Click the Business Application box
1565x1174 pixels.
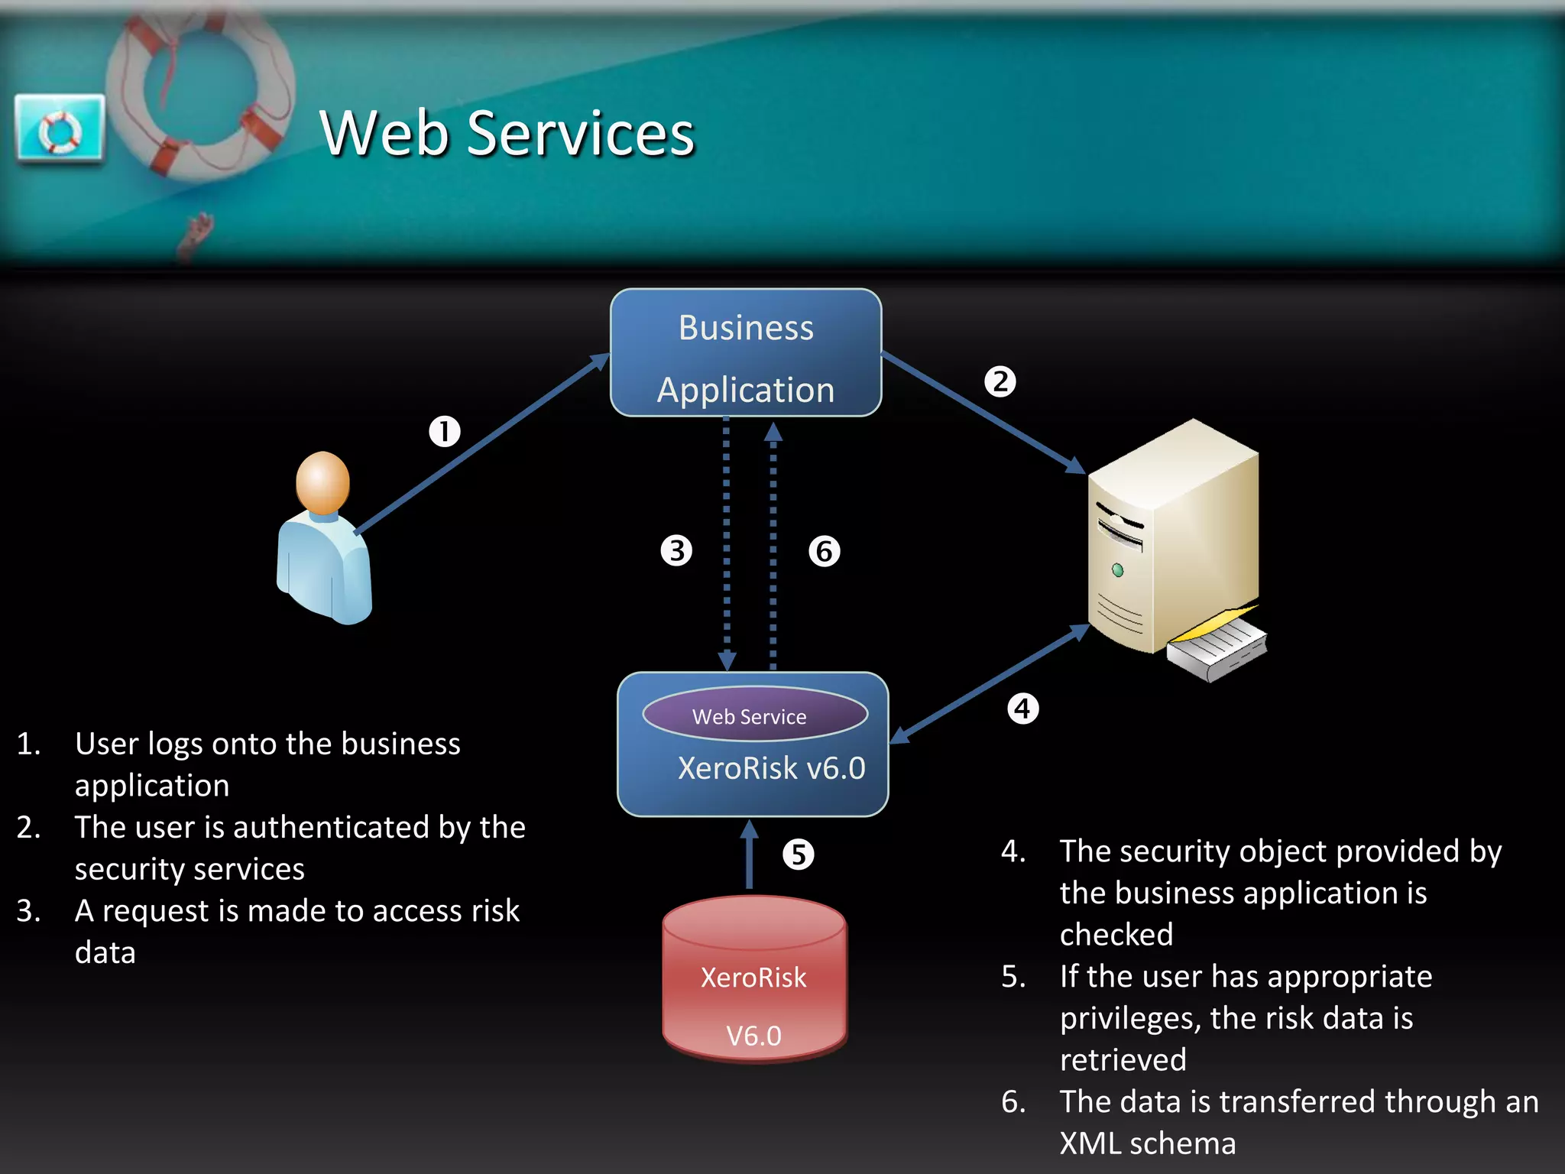click(x=746, y=353)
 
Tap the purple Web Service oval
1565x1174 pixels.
click(x=754, y=715)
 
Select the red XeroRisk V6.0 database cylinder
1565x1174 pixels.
click(x=754, y=982)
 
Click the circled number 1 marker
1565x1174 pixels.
click(x=445, y=432)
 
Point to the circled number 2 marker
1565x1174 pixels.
click(x=1000, y=381)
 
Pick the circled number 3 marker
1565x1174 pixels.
click(x=676, y=550)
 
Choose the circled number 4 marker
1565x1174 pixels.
click(x=1023, y=709)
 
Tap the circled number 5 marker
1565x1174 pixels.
click(x=799, y=855)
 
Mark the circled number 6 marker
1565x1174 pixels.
click(x=825, y=551)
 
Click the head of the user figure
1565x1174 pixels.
click(x=323, y=482)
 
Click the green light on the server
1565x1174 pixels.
click(x=1118, y=570)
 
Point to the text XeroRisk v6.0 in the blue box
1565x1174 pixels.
click(x=772, y=768)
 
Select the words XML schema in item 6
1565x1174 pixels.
click(x=1147, y=1143)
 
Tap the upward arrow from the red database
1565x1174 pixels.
click(x=750, y=856)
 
